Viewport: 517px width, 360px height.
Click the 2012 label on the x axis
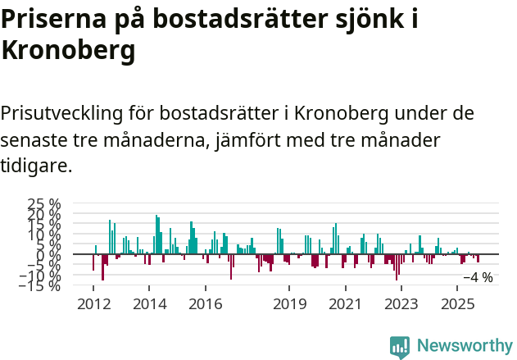93,304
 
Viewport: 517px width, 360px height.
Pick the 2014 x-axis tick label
149,304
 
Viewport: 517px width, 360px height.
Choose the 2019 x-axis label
289,304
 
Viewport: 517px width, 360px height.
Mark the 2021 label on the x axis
345,304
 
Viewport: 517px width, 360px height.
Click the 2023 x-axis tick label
401,304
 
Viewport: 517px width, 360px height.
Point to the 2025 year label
456,304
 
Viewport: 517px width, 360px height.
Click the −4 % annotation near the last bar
478,278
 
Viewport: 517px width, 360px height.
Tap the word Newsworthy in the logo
465,346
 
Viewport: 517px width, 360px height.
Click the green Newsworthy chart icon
400,347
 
